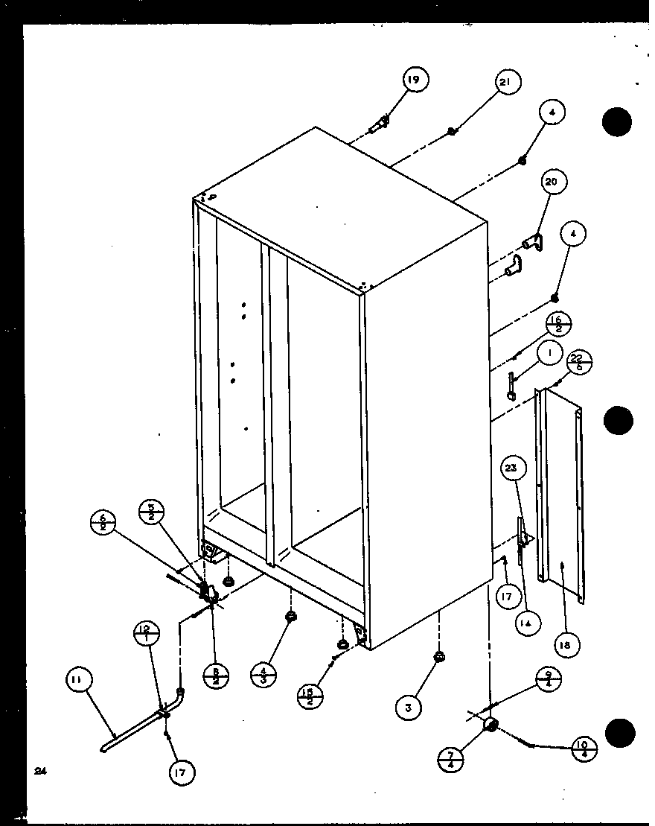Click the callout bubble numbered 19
(x=417, y=80)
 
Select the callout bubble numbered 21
(x=508, y=83)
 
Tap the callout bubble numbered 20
(x=555, y=183)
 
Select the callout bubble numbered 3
(x=409, y=708)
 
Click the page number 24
(x=39, y=772)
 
